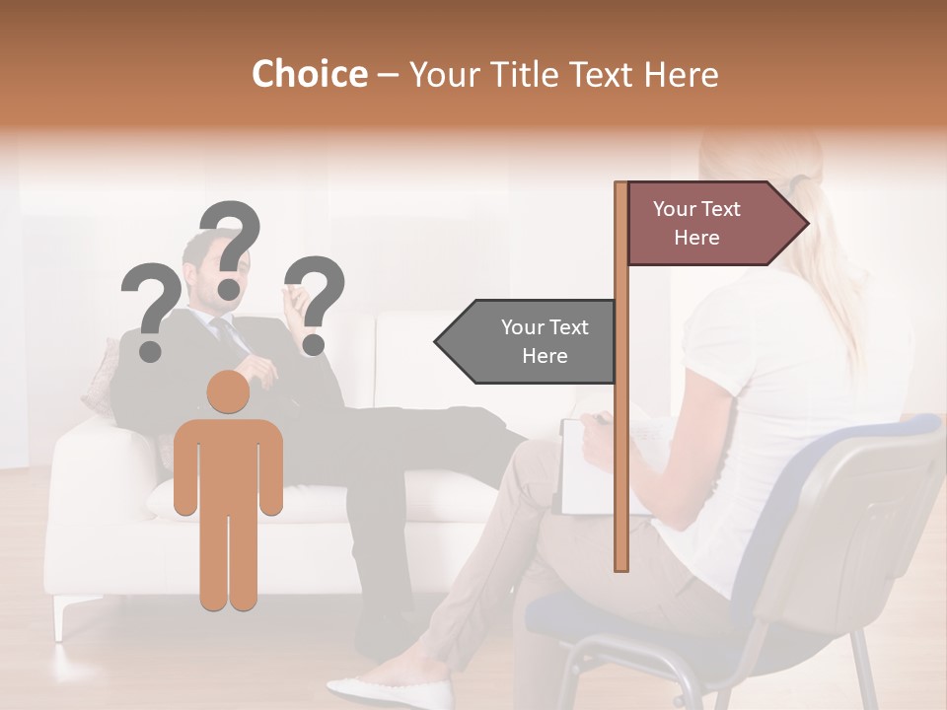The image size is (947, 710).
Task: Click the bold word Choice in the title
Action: click(309, 74)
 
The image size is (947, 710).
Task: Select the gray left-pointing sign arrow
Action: click(528, 341)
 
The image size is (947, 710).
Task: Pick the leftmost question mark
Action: click(150, 311)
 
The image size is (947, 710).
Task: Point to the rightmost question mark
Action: click(318, 303)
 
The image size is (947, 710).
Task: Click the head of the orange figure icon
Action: click(228, 392)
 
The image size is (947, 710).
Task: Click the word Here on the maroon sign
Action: click(696, 238)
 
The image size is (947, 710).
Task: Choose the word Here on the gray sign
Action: click(545, 356)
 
